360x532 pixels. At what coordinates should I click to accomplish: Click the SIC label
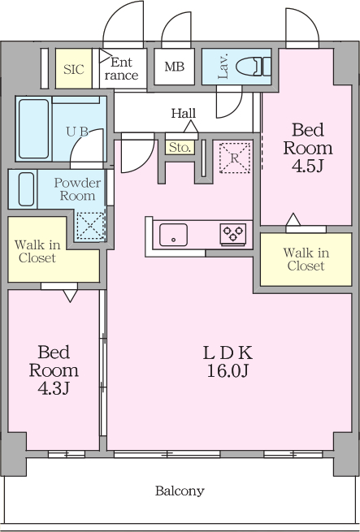point(74,69)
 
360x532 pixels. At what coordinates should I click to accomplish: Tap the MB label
point(175,67)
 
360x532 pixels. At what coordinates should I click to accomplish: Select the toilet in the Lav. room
point(253,67)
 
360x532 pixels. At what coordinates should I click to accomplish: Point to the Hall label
point(184,113)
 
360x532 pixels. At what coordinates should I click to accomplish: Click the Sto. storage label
point(180,148)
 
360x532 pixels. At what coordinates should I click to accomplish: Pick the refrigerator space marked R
point(235,158)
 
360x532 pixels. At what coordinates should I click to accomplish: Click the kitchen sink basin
point(173,235)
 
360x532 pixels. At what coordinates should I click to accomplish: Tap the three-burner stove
point(233,234)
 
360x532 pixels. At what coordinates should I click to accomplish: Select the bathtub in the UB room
point(33,129)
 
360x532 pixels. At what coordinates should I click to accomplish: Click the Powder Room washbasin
point(26,189)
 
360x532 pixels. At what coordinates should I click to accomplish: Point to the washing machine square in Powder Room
point(91,226)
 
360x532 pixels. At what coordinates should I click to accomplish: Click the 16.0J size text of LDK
point(228,371)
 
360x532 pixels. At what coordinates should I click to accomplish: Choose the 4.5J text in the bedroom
point(307,166)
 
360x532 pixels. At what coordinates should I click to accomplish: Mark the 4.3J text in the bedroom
point(54,388)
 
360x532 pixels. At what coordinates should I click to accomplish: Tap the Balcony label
point(180,491)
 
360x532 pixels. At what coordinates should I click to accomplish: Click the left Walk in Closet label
point(37,251)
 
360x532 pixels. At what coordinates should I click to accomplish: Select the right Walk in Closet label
point(306,259)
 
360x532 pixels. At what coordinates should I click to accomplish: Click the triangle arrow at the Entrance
point(106,56)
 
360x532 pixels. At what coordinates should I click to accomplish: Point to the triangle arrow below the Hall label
point(191,127)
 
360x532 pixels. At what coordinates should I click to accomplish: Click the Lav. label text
point(223,66)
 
